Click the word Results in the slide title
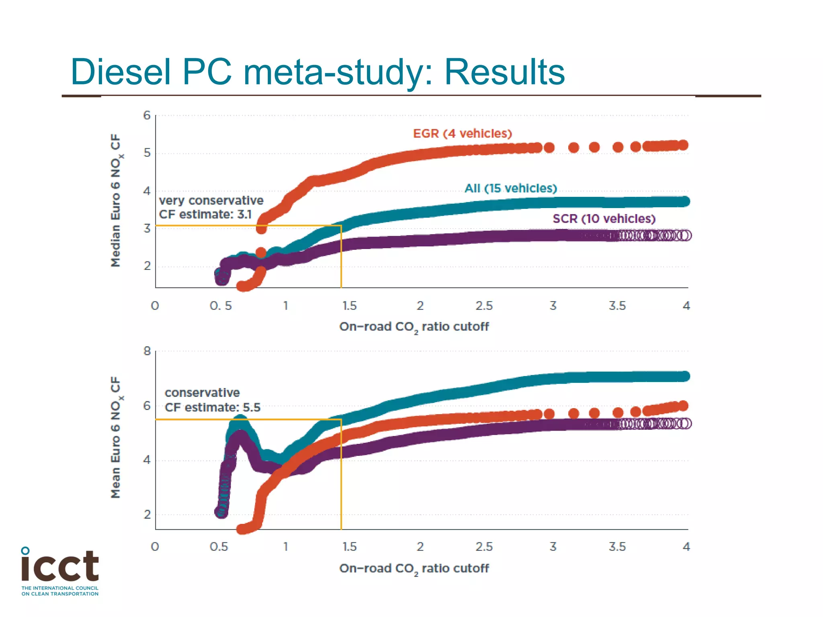coord(504,72)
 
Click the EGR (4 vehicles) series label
coord(462,134)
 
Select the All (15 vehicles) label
coord(510,188)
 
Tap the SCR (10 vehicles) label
coord(604,219)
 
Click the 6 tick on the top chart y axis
coord(147,116)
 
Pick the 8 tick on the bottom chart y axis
coord(147,351)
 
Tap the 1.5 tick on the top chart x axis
coord(349,306)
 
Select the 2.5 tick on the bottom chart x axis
coord(484,547)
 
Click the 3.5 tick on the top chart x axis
coord(617,306)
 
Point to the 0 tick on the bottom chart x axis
coord(155,547)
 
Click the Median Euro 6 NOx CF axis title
coord(116,200)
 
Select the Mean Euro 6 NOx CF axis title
coord(116,437)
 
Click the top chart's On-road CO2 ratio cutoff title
coord(414,327)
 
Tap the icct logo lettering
coord(60,566)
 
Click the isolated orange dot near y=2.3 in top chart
coord(261,253)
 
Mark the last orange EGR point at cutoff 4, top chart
coord(683,145)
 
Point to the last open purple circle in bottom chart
coord(686,423)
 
